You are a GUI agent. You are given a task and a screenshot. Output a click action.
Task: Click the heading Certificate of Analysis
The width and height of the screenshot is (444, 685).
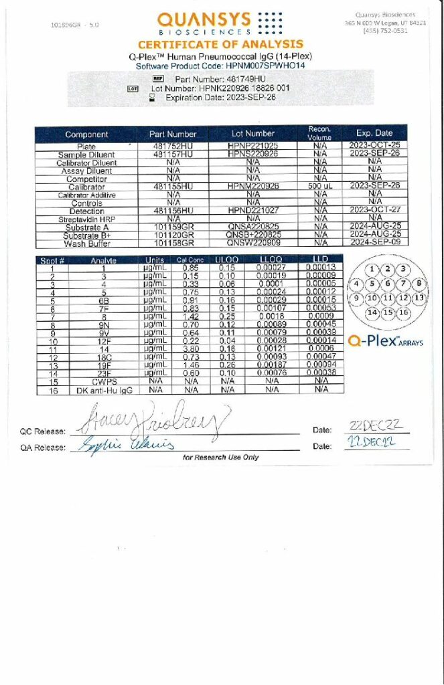pos(220,45)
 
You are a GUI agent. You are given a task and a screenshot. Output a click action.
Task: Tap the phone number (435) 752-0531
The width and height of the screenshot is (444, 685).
pos(385,30)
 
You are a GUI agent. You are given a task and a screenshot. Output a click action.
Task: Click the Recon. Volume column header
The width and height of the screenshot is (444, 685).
pos(319,133)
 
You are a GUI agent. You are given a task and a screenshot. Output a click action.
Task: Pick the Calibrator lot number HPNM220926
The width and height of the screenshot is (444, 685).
pos(252,186)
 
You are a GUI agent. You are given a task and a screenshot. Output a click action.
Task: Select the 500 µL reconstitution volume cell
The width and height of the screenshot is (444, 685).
pos(319,186)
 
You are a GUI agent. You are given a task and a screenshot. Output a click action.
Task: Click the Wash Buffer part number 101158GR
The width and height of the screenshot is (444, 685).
pos(173,243)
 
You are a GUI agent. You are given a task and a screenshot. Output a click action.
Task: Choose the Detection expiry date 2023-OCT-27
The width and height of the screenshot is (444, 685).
pos(374,210)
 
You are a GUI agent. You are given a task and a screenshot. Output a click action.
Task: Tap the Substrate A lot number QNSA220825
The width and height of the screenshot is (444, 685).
pos(252,226)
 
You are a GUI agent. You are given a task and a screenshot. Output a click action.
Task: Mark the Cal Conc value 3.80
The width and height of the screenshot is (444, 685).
pos(191,349)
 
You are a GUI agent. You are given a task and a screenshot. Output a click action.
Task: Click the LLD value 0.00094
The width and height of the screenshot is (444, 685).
pos(321,365)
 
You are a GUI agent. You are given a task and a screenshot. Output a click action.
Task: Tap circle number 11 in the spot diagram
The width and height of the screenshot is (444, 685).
pos(388,298)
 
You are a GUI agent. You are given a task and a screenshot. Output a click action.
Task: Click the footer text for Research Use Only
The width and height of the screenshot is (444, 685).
pos(220,458)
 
